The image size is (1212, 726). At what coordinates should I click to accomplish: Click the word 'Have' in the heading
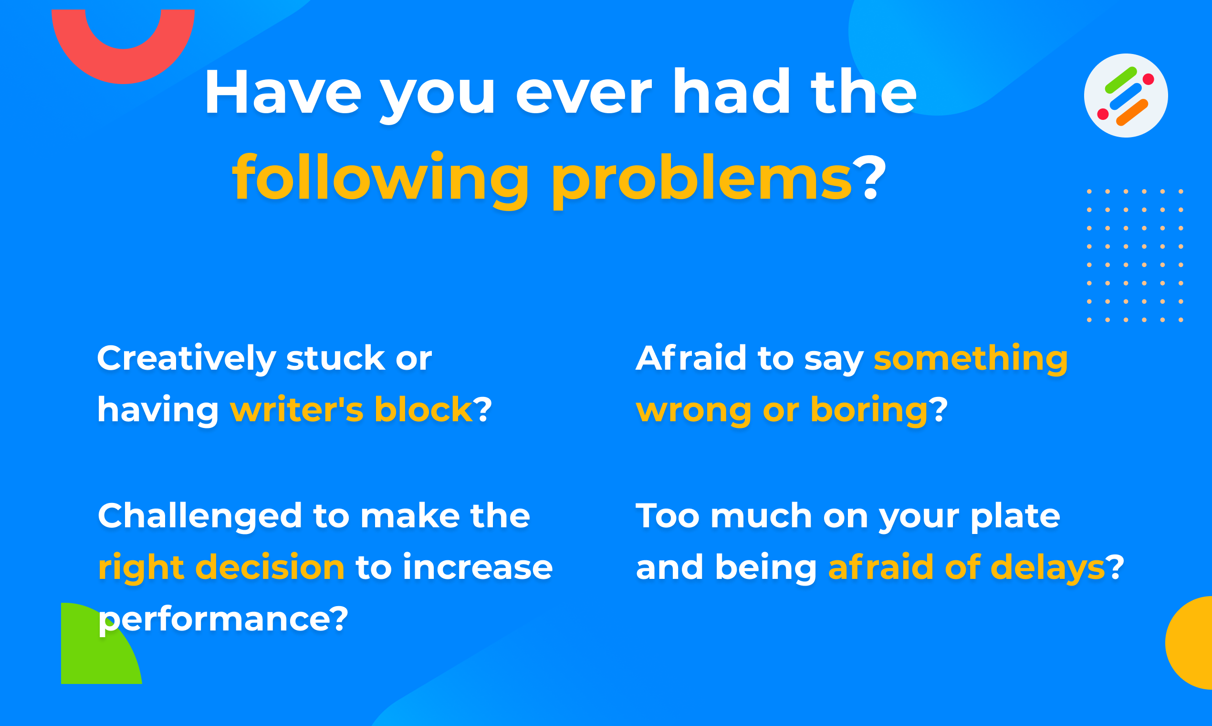tap(283, 92)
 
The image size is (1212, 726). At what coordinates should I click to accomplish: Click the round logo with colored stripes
tap(1126, 96)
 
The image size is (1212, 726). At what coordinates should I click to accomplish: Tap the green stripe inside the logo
tap(1120, 80)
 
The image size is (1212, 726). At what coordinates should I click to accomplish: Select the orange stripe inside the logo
tap(1132, 113)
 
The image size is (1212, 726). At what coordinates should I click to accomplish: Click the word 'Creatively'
tap(187, 359)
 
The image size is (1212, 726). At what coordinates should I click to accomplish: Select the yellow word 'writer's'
tap(297, 409)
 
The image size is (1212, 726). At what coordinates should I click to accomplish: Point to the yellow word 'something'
tap(971, 360)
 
